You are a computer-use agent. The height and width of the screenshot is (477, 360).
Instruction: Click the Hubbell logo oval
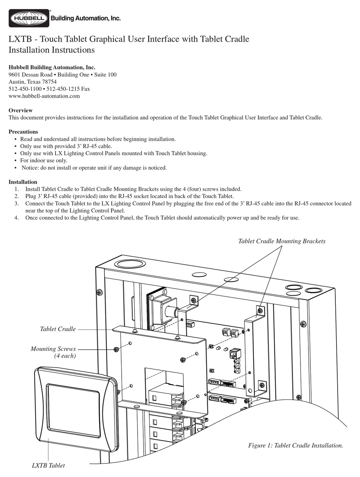29,18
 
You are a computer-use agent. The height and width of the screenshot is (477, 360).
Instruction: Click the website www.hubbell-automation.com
44,96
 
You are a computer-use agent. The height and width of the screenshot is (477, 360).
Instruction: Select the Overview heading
20,111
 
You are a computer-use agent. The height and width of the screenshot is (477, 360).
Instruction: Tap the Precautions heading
23,132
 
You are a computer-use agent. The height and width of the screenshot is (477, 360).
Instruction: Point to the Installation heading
23,182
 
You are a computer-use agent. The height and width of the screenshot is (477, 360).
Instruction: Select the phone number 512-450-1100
25,89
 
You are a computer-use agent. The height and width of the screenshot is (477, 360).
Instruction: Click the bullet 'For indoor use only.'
44,161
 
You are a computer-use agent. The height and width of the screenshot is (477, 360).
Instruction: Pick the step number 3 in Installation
17,203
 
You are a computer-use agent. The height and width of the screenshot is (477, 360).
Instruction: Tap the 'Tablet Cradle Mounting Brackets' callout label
282,241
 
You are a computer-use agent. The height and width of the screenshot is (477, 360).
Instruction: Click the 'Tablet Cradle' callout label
58,329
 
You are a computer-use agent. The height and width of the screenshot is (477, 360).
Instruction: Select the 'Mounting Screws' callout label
53,349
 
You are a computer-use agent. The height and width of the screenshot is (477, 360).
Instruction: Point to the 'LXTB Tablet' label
48,465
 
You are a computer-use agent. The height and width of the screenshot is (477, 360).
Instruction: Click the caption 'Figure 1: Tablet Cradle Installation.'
296,446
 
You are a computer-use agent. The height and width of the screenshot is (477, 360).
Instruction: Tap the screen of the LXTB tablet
73,409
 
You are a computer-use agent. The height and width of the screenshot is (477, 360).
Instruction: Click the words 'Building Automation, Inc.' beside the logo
86,18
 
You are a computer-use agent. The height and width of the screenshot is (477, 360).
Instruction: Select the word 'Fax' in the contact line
85,89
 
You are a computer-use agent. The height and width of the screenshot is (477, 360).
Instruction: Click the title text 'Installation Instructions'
52,50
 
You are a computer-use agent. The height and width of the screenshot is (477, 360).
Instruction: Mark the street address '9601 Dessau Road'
30,75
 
